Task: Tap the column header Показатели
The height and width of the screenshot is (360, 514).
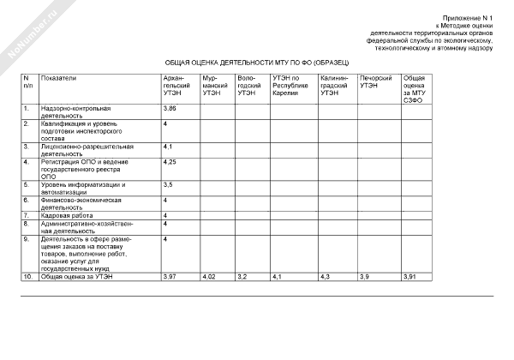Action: (58, 78)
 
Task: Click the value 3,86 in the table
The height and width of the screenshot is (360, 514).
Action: (170, 109)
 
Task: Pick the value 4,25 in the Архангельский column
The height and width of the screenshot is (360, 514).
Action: (170, 161)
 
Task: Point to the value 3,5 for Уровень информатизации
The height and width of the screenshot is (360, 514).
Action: (168, 184)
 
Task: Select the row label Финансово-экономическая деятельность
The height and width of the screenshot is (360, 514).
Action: (81, 203)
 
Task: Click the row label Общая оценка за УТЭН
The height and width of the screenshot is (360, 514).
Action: (76, 277)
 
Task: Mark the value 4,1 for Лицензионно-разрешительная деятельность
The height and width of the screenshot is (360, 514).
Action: (168, 147)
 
